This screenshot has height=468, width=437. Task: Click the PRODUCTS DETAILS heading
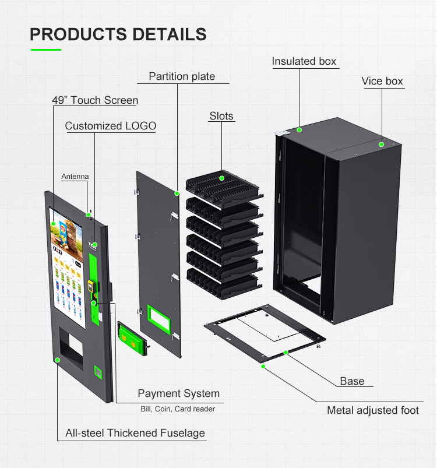point(118,34)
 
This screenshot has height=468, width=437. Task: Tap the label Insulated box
point(304,61)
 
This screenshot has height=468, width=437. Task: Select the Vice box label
point(382,81)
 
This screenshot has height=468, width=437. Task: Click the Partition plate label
point(182,76)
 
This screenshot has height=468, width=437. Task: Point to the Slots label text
point(221,116)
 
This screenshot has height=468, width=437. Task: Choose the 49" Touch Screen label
point(95,100)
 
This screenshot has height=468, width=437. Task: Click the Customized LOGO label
point(111,126)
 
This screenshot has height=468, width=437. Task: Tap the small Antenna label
point(75,176)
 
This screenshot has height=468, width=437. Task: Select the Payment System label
point(178,394)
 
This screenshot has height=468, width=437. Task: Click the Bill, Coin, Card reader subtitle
point(178,409)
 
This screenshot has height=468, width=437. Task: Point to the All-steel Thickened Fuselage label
point(135,433)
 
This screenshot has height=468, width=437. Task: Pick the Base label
point(352,381)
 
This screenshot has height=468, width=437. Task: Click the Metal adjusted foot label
point(372,410)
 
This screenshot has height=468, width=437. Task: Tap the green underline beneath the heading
point(45,50)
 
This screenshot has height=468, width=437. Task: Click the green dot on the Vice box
point(382,144)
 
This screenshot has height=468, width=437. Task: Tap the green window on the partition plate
point(158,318)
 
